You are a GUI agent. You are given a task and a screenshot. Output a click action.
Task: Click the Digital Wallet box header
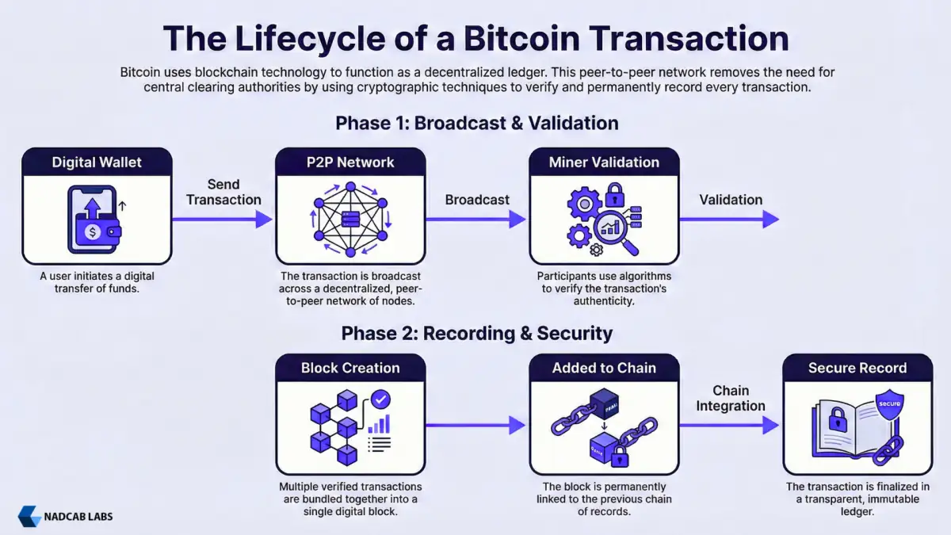[97, 162]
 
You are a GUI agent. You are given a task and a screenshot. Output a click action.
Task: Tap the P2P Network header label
[350, 162]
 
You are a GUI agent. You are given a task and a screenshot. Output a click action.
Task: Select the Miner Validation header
[604, 162]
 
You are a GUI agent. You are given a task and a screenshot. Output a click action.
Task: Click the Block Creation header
[350, 368]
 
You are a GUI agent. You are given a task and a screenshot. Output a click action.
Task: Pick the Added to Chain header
[604, 368]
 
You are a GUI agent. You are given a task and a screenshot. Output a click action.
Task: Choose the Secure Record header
[857, 368]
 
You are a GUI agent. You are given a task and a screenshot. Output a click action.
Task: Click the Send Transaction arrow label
[223, 192]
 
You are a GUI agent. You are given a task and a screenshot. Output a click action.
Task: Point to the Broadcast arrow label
[477, 200]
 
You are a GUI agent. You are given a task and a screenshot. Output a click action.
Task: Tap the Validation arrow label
[731, 200]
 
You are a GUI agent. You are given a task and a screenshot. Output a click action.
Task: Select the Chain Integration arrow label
[731, 398]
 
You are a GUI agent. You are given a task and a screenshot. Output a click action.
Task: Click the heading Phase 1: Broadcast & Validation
[476, 123]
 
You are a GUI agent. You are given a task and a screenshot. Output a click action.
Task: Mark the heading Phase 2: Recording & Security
[476, 333]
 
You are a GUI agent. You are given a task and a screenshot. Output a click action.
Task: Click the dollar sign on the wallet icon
[94, 232]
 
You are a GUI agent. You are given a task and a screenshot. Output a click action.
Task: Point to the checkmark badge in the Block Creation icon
[381, 399]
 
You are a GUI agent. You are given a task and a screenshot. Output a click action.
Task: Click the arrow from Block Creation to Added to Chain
[476, 426]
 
